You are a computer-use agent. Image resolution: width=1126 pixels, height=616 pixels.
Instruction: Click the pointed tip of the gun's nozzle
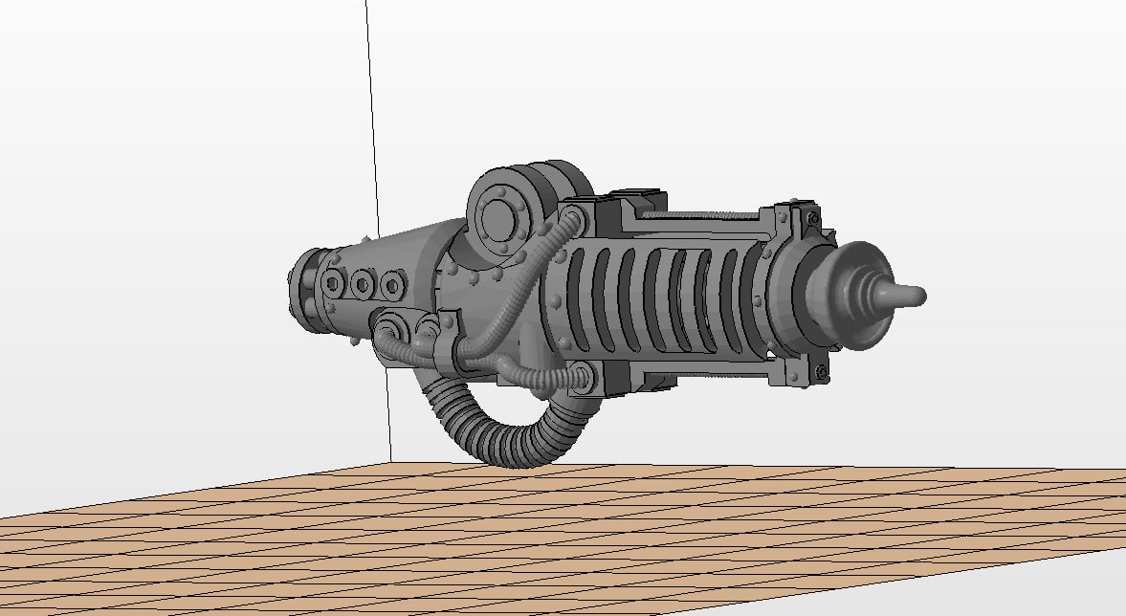click(919, 296)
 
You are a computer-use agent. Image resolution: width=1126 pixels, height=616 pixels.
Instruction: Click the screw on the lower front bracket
click(821, 370)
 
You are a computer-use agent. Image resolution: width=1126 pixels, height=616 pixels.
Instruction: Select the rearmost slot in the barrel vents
click(578, 297)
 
